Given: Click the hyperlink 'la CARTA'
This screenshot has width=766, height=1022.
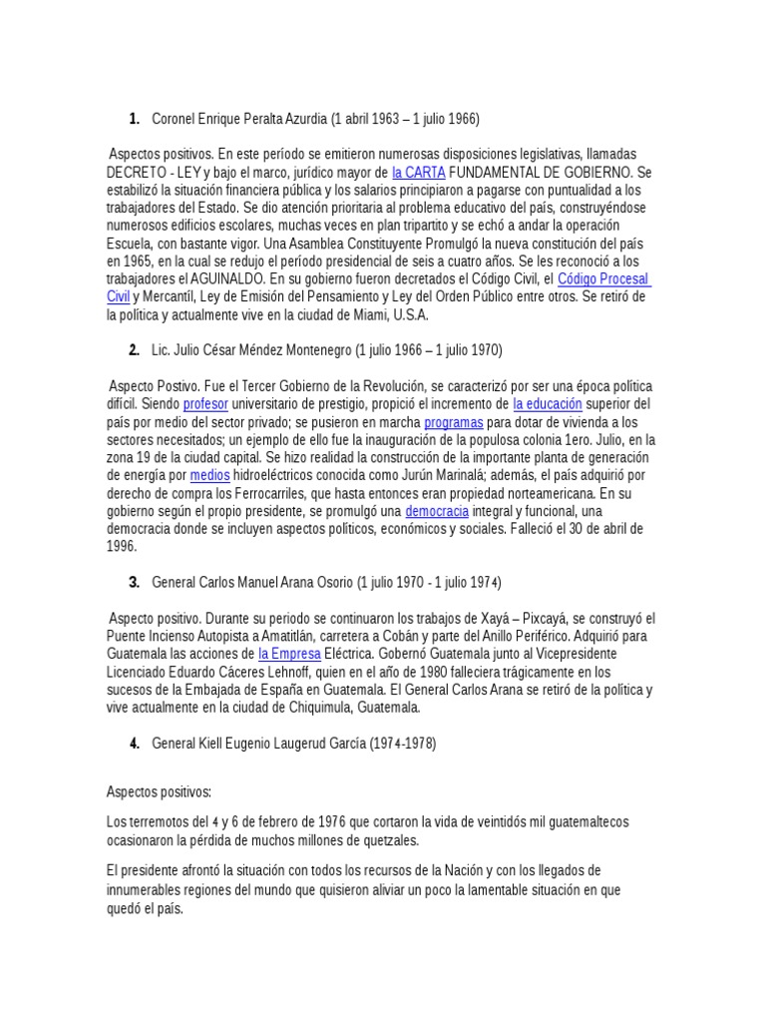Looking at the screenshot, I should click(x=418, y=172).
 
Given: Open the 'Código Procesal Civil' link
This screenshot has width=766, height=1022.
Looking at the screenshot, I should click(x=602, y=279).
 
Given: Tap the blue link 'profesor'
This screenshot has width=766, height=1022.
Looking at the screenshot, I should click(x=205, y=404).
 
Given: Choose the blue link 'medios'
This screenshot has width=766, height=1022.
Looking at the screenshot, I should click(x=209, y=476).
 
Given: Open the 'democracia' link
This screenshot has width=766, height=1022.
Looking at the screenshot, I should click(x=437, y=512).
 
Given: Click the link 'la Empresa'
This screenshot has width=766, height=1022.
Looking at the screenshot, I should click(x=289, y=654).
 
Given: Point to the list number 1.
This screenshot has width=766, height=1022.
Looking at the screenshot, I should click(x=134, y=120).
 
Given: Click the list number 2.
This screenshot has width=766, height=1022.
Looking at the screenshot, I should click(x=134, y=350).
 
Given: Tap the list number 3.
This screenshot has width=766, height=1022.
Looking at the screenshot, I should click(x=134, y=582).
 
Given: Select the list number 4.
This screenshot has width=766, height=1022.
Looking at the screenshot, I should click(x=134, y=744).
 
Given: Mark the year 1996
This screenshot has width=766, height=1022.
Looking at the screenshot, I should click(x=122, y=547).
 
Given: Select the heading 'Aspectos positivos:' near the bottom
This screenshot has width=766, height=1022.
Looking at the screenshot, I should click(x=159, y=791).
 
